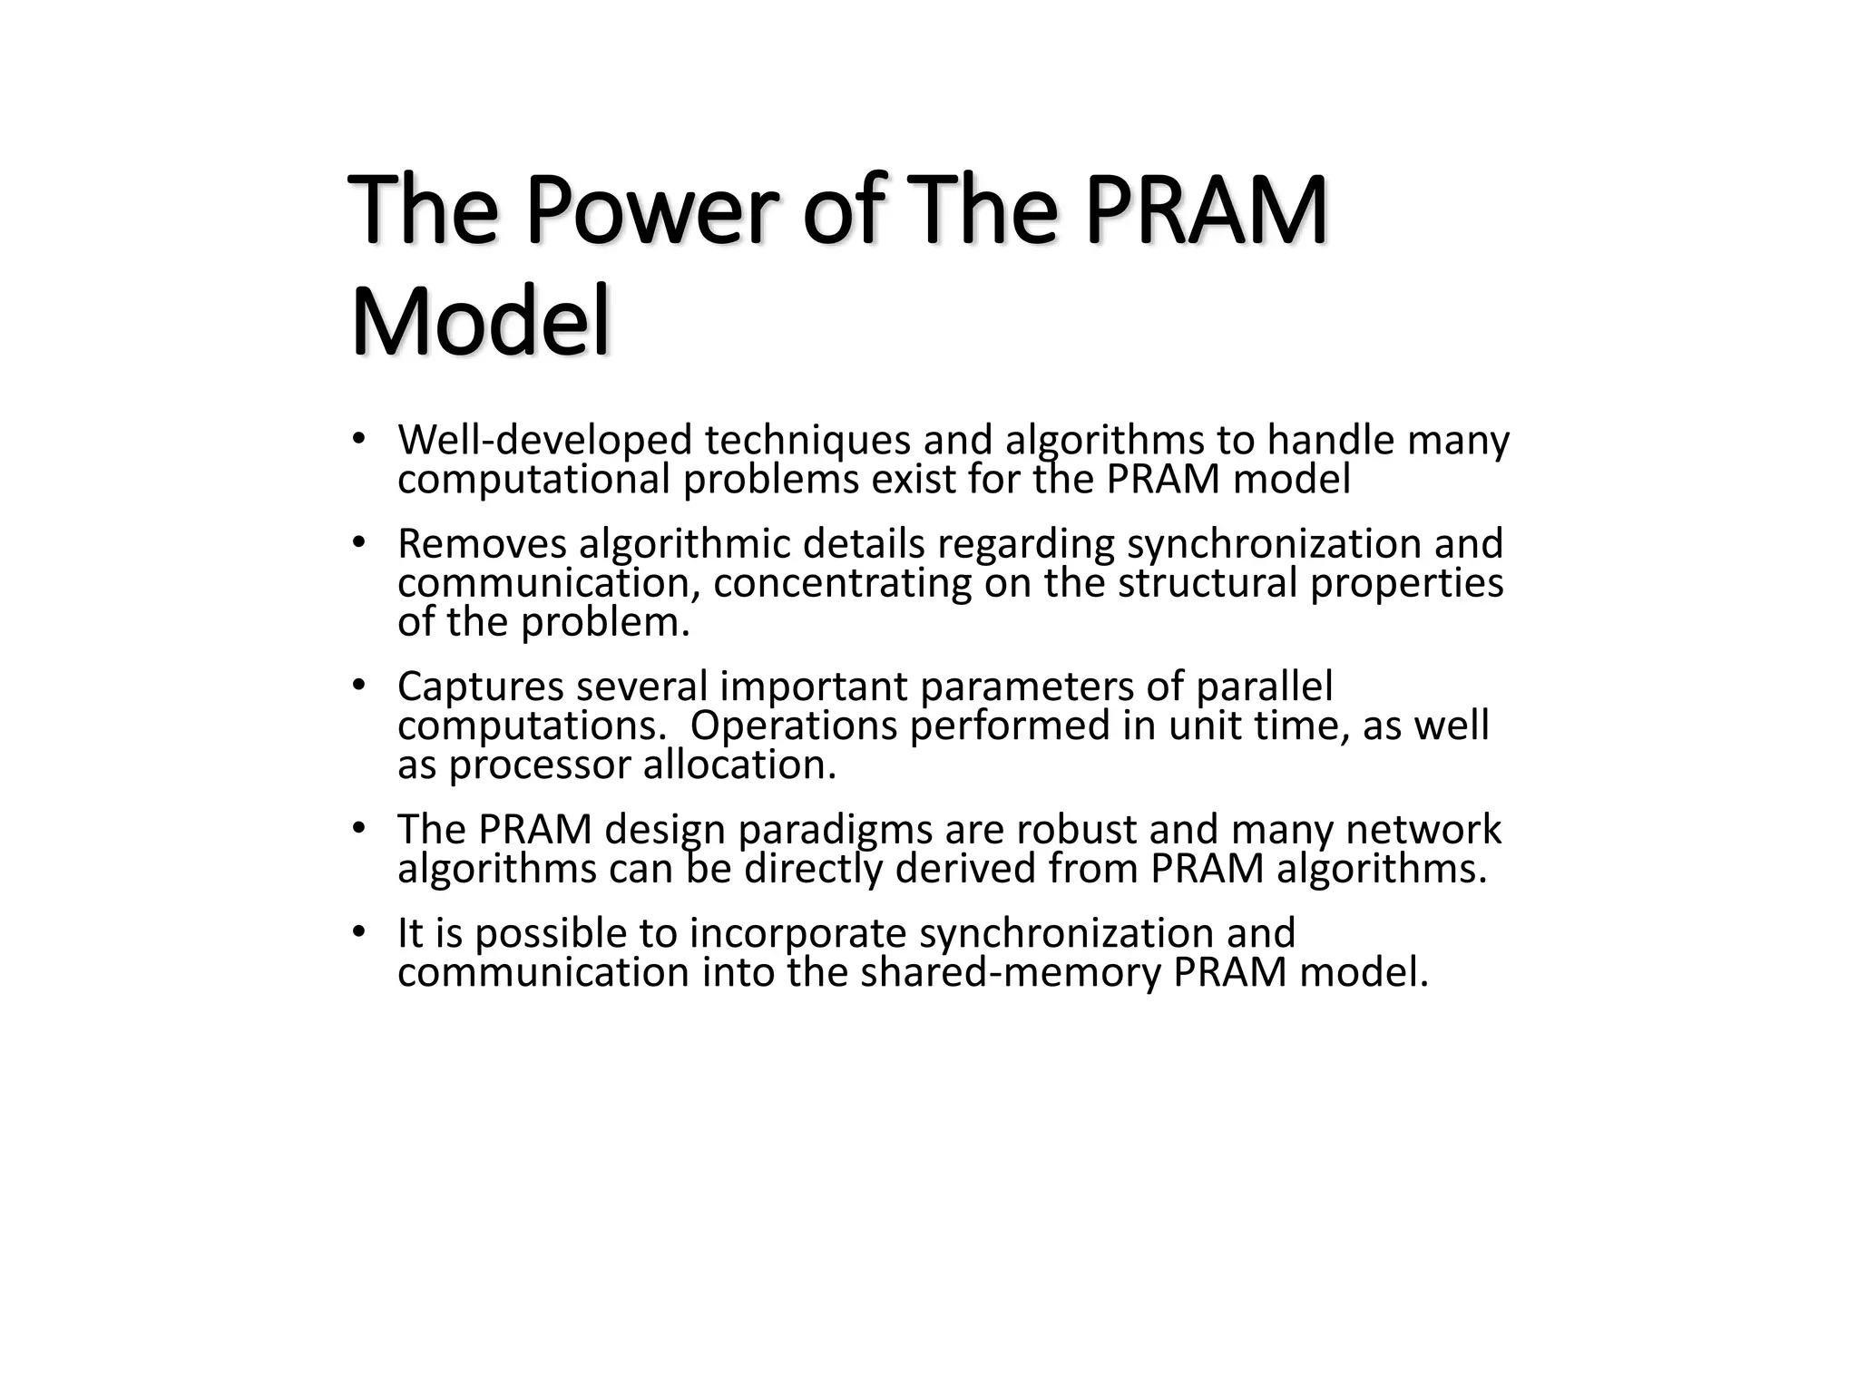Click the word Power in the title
click(x=650, y=210)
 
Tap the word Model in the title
click(x=480, y=323)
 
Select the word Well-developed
click(x=544, y=441)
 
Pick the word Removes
click(x=482, y=544)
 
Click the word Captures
click(x=480, y=687)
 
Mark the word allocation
click(x=739, y=765)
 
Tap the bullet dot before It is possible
click(x=358, y=931)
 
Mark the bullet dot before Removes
click(x=358, y=542)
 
